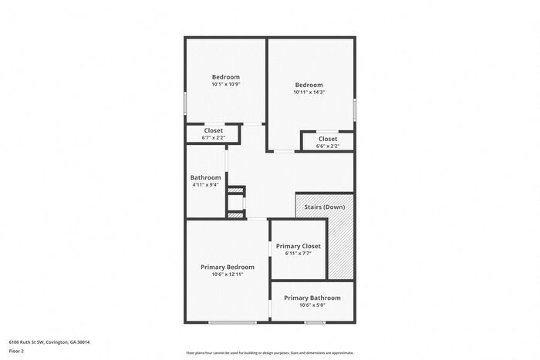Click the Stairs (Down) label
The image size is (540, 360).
[323, 207]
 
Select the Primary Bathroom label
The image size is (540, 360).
[312, 298]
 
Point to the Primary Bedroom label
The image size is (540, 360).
[228, 267]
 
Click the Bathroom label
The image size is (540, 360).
[206, 177]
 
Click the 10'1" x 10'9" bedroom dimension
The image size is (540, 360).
[226, 84]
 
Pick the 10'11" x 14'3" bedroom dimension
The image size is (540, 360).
[308, 92]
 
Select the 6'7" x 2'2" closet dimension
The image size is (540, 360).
[214, 138]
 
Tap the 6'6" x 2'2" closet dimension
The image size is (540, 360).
[328, 146]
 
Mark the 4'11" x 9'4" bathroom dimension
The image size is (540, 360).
[206, 185]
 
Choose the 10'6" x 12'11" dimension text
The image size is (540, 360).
[228, 274]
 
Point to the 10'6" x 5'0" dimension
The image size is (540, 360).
[312, 304]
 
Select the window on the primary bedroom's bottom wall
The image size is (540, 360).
[232, 322]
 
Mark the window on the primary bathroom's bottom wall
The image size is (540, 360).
[314, 322]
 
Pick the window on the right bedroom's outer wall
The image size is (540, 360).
[355, 109]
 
